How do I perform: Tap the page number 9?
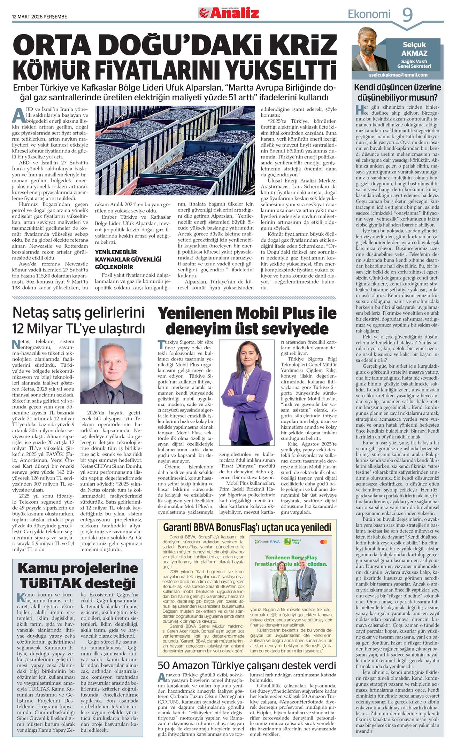[407, 15]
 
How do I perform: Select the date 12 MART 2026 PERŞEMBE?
[39, 17]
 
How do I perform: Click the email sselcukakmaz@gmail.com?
[398, 75]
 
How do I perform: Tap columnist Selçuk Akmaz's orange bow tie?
[367, 56]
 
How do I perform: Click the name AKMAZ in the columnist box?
[414, 53]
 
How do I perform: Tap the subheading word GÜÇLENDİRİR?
[114, 267]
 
